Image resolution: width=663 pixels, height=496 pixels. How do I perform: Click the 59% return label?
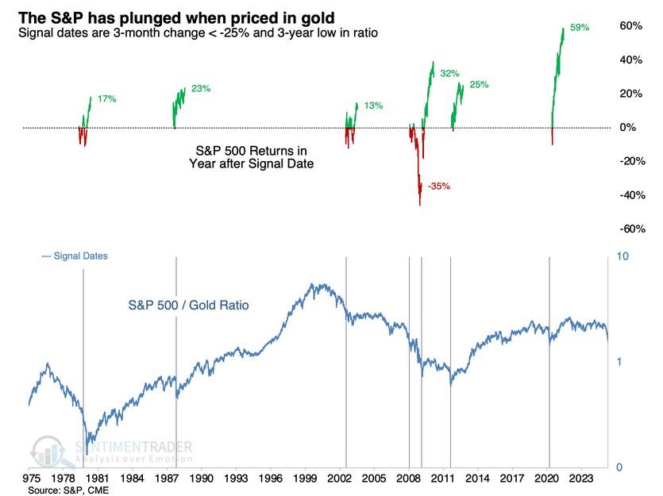580,27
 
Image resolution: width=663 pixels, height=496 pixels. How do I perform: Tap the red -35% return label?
439,186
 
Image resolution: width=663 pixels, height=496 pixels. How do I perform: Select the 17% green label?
107,99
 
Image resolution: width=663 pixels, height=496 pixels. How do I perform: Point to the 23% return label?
201,89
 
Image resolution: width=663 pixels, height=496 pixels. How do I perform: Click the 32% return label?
450,73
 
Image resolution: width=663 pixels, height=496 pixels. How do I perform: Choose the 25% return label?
479,84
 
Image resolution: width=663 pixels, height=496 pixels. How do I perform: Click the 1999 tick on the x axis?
304,479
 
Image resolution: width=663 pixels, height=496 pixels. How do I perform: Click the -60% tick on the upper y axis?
630,229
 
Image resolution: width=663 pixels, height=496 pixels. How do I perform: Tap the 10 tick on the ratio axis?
623,257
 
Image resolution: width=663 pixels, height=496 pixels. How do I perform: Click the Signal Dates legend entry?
74,256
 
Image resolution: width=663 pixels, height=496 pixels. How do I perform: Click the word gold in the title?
315,14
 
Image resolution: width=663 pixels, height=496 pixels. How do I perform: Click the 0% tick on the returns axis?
627,128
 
